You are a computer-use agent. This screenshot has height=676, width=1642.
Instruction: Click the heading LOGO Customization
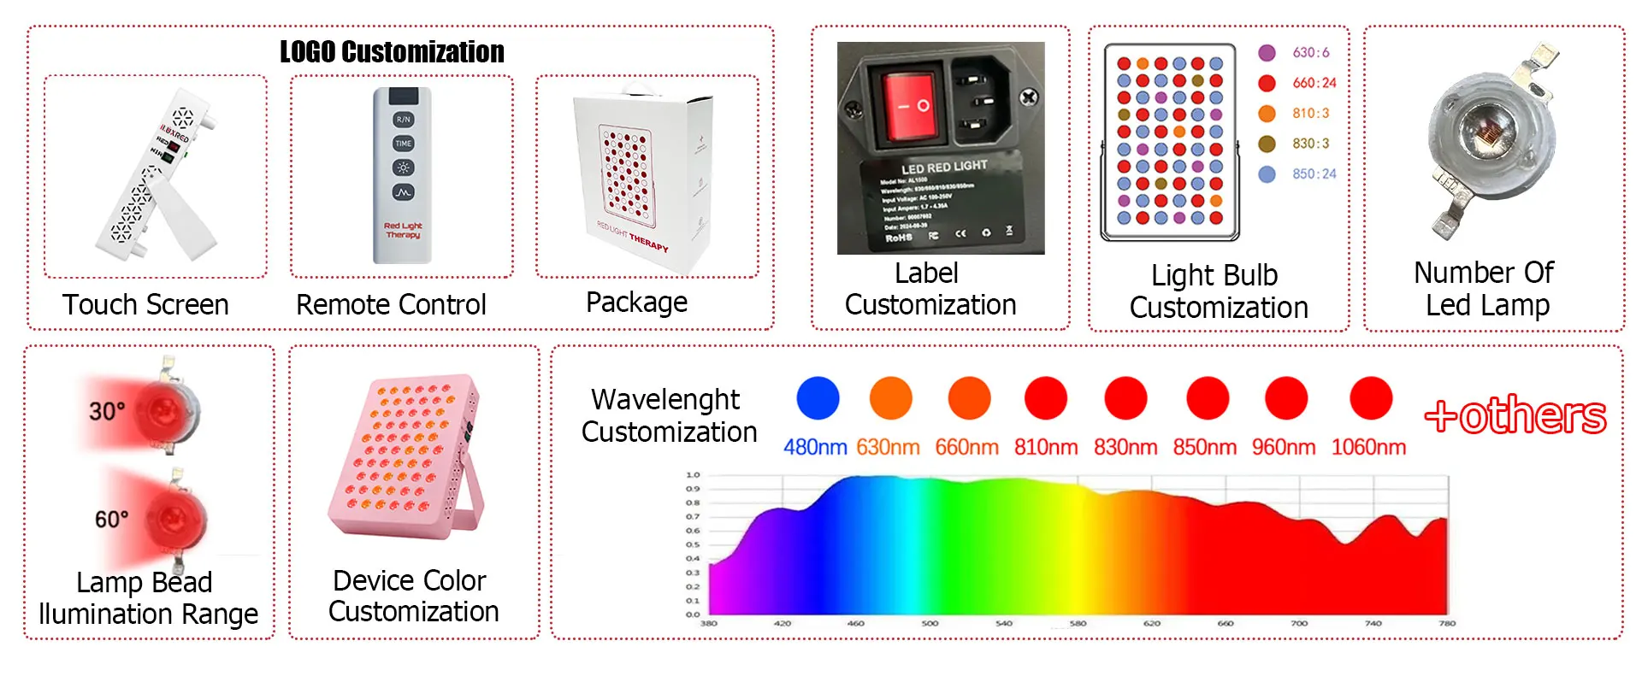point(392,52)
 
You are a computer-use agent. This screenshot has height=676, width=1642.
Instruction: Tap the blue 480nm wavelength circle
point(818,398)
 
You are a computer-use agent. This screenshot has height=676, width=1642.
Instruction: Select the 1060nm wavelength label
point(1368,447)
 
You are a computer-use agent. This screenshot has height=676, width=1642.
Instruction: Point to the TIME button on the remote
point(403,144)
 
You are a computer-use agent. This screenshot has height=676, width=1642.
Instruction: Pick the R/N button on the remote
point(403,120)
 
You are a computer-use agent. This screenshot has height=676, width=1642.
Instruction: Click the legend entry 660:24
point(1314,83)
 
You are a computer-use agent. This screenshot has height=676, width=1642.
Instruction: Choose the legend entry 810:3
point(1310,114)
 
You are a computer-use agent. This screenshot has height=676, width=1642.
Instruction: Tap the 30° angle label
point(107,411)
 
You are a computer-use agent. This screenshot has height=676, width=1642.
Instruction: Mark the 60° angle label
point(111,519)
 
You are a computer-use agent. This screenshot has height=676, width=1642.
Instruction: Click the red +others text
point(1515,416)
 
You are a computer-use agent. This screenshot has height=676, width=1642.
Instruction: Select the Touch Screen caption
point(145,305)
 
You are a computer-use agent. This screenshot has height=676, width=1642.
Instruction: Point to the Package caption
point(636,303)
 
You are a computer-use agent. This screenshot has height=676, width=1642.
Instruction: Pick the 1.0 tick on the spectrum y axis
point(693,475)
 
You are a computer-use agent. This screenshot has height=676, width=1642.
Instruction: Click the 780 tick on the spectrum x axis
point(1447,624)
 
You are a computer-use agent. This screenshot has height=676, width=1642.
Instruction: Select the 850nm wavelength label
point(1204,447)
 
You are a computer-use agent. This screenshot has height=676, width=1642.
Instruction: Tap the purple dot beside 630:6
point(1267,53)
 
